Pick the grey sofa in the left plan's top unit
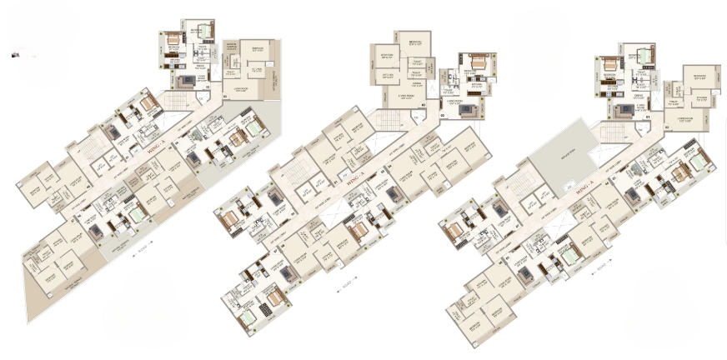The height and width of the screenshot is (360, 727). [184, 81]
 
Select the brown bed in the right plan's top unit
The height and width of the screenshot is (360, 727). [608, 66]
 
